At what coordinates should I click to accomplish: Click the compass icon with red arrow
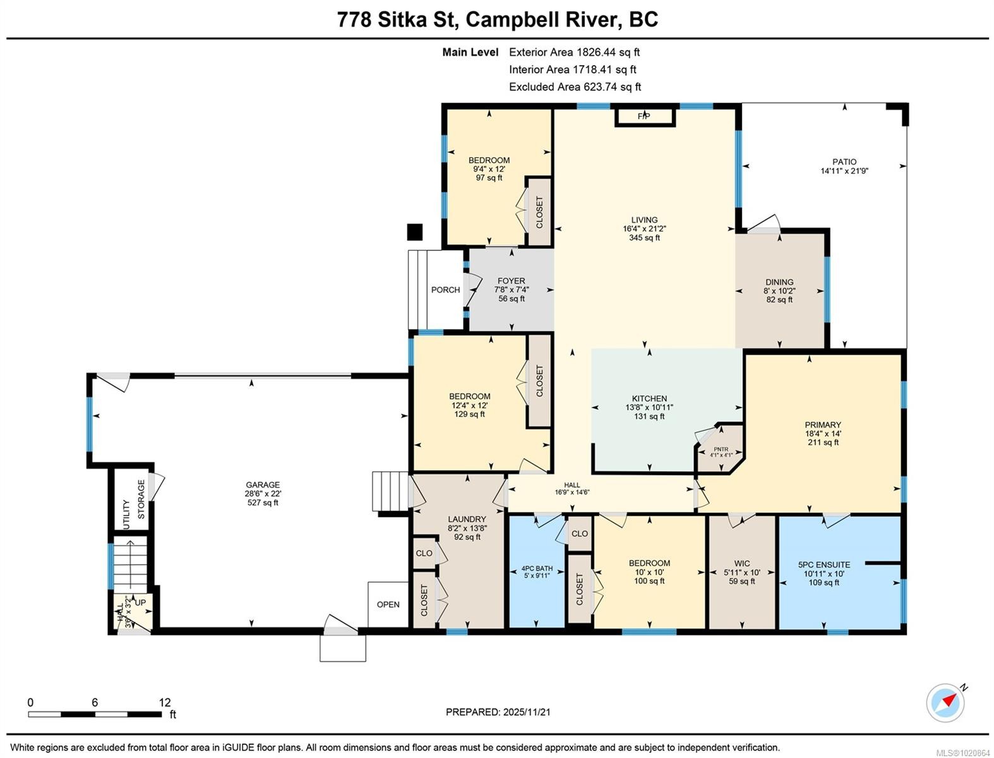(x=945, y=702)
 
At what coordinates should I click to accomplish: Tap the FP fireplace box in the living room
(x=644, y=117)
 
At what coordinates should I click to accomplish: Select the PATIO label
(x=844, y=162)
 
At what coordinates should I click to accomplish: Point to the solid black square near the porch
(x=414, y=232)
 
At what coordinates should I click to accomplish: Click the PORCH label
(x=445, y=290)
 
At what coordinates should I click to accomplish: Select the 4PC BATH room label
(x=537, y=568)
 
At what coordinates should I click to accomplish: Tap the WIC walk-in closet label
(x=742, y=563)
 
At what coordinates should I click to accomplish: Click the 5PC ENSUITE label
(x=824, y=565)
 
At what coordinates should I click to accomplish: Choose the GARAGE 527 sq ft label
(x=263, y=494)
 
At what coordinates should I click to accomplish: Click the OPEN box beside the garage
(x=388, y=605)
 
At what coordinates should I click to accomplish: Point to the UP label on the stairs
(x=140, y=603)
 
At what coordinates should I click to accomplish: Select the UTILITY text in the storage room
(x=126, y=514)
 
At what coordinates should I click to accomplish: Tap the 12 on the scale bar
(x=165, y=702)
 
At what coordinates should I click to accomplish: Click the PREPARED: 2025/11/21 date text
(x=498, y=712)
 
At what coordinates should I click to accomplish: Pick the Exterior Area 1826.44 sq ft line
(x=574, y=52)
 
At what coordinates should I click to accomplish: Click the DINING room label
(x=779, y=282)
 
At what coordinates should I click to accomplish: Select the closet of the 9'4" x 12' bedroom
(x=539, y=212)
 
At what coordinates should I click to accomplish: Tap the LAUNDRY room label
(x=467, y=519)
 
